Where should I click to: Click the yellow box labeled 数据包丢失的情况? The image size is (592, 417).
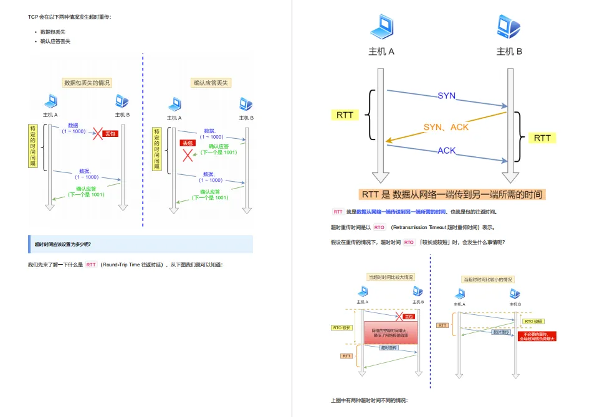tap(87, 83)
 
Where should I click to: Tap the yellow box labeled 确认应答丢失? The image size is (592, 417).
tap(211, 83)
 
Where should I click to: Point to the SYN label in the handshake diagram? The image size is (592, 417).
tap(446, 96)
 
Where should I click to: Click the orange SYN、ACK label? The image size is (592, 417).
tap(446, 127)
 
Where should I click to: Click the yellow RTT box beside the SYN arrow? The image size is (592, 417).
tap(345, 115)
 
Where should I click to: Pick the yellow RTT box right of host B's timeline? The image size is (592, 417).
tap(542, 138)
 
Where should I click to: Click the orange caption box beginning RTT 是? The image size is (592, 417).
tap(452, 194)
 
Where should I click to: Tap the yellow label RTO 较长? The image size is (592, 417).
tap(342, 327)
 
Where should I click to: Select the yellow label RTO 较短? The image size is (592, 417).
tap(533, 322)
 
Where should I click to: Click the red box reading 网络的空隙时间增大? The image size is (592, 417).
tap(389, 333)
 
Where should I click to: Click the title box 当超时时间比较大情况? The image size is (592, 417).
tap(391, 277)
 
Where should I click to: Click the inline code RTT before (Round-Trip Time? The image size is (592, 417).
tap(92, 265)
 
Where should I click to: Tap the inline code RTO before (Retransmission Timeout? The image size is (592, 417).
tap(380, 228)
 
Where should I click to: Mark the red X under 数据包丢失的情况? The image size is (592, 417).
tap(97, 133)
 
